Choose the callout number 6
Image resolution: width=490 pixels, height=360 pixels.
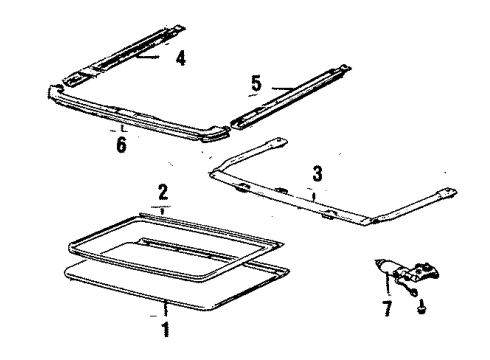click(x=122, y=144)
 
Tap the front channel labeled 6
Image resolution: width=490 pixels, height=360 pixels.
click(x=140, y=115)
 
